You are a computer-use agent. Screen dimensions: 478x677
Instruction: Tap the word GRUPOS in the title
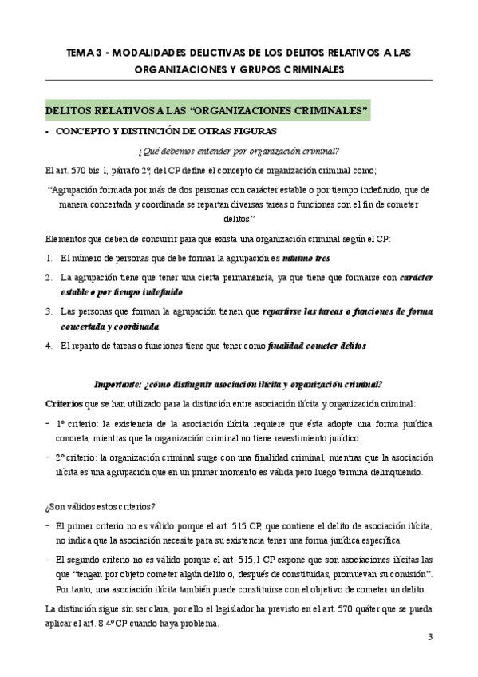(260, 69)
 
